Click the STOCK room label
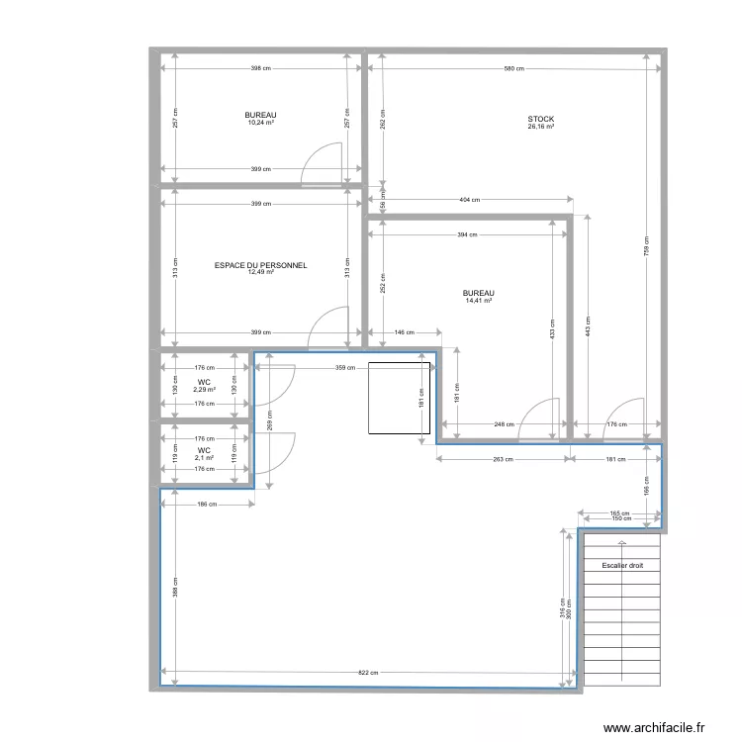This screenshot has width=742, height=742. [x=540, y=119]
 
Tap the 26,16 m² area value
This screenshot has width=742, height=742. [x=540, y=127]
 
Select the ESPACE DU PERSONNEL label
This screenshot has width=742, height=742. [x=261, y=265]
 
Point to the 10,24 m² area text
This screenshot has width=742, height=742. [x=261, y=124]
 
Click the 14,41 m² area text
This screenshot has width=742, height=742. [x=479, y=301]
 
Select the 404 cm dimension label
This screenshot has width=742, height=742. [x=469, y=200]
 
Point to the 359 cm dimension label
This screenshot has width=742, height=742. [x=344, y=368]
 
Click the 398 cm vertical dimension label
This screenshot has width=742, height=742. [x=174, y=589]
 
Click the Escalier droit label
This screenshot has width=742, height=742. [x=621, y=566]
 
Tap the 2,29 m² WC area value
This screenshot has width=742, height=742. [x=205, y=390]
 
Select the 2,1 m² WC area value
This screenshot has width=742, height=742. [x=205, y=457]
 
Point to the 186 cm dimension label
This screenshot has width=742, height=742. [x=205, y=505]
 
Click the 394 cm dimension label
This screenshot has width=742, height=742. [x=466, y=235]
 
